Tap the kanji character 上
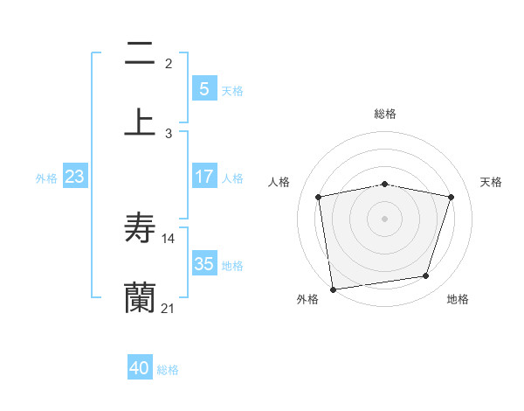point(140,122)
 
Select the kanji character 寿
point(140,229)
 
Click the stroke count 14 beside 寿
point(169,238)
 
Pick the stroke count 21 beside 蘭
point(169,308)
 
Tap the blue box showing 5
point(203,88)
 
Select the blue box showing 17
point(203,176)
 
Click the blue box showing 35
point(203,263)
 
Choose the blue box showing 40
point(140,368)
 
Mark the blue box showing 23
point(75,177)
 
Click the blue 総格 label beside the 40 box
point(168,370)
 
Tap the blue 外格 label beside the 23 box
point(46,178)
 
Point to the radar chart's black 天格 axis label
point(491,182)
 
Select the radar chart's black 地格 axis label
point(458,299)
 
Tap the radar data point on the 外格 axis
point(333,288)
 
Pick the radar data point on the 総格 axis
point(384,184)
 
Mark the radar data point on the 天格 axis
point(451,197)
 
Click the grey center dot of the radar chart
point(384,218)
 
